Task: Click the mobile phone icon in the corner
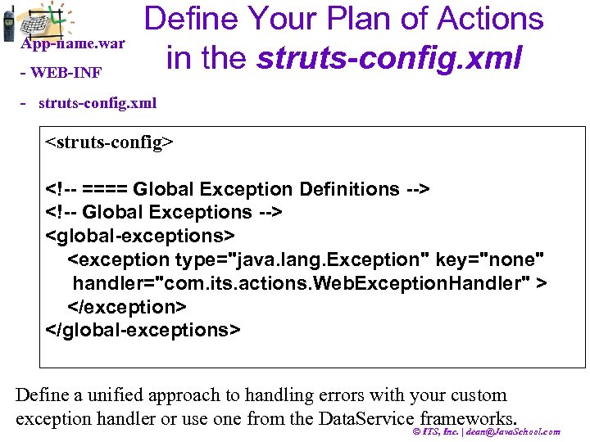tap(9, 25)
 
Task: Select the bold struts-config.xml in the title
tap(389, 56)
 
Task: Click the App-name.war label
tap(73, 43)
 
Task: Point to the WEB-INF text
tap(65, 73)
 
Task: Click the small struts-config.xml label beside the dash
tap(97, 104)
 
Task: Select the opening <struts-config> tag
tap(109, 143)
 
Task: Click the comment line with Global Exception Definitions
tap(237, 189)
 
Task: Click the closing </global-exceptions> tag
tap(143, 329)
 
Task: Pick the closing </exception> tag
tap(127, 306)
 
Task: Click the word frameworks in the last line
tap(468, 418)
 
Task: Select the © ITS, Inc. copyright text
tap(440, 431)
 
